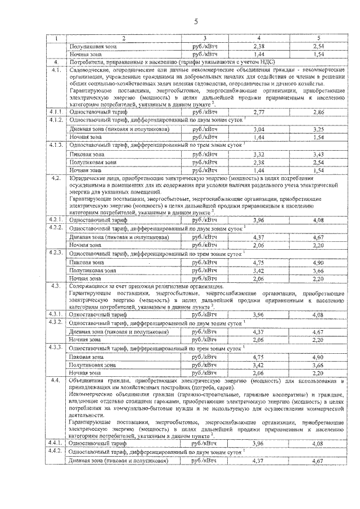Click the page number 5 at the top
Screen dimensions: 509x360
(x=196, y=22)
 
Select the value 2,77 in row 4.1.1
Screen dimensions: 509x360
(x=259, y=112)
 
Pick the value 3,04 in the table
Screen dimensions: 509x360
(x=259, y=129)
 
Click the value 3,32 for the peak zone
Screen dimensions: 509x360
(x=259, y=154)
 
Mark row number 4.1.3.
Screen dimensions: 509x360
(x=56, y=145)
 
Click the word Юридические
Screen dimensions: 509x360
(x=84, y=178)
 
